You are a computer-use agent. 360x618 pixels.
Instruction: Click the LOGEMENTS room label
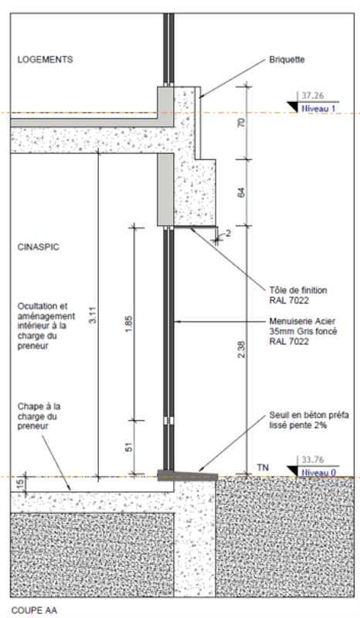45,59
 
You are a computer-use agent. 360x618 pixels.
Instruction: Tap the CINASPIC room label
39,247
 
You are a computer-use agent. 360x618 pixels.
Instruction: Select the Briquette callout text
287,60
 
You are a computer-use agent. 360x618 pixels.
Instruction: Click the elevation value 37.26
313,96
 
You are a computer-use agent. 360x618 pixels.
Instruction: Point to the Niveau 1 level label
318,108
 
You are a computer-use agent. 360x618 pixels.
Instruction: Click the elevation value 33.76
313,460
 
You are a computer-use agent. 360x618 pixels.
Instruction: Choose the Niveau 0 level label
318,472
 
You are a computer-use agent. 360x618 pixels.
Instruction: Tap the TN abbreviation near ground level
263,467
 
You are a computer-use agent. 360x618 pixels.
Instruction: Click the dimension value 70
242,123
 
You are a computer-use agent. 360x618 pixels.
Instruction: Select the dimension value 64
242,192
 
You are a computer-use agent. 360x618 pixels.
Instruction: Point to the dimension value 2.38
242,349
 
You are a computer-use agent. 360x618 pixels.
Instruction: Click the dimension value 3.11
93,315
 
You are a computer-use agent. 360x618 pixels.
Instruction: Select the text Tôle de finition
298,290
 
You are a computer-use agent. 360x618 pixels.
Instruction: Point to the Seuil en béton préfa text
309,415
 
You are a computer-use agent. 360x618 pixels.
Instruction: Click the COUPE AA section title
34,610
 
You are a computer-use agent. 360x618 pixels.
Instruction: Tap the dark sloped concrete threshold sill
187,475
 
